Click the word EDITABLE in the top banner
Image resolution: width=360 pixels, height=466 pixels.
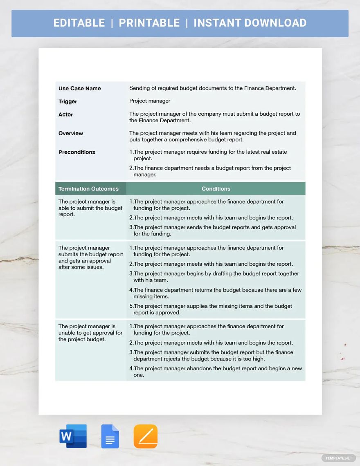[x=79, y=23]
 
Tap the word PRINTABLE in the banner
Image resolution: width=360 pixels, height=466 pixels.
[x=149, y=23]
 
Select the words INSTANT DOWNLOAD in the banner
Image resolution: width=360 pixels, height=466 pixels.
[x=250, y=23]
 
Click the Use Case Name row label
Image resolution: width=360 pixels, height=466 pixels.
[x=79, y=88]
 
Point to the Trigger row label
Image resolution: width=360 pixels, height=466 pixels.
[x=67, y=101]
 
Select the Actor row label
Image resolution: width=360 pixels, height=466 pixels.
[x=65, y=114]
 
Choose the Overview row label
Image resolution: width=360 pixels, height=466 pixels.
[x=70, y=133]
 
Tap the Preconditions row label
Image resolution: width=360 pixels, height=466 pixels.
[x=76, y=152]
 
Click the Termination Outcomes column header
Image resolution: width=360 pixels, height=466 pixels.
[x=88, y=189]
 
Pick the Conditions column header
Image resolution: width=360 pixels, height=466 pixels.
[x=216, y=189]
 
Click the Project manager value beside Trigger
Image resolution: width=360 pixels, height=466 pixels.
[x=150, y=101]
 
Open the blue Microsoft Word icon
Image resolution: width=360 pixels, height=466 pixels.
[x=73, y=436]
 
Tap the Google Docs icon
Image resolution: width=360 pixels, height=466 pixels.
[x=110, y=436]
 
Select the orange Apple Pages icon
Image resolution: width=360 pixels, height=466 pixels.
[x=145, y=436]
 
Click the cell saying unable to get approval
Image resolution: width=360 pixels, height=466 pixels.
[x=90, y=333]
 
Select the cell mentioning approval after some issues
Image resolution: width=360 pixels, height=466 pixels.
[x=90, y=258]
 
